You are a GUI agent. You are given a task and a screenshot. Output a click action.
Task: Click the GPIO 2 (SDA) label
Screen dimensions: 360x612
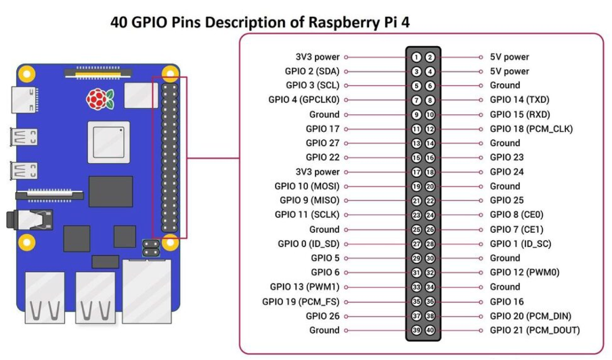click(312, 71)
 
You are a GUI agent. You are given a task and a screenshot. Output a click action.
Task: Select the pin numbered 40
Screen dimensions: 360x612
click(430, 330)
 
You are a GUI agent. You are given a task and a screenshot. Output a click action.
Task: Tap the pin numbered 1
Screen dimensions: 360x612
click(417, 57)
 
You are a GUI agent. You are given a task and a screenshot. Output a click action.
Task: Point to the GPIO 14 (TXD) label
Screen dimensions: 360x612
click(520, 100)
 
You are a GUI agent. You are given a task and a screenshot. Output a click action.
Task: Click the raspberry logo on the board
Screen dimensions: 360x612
click(100, 99)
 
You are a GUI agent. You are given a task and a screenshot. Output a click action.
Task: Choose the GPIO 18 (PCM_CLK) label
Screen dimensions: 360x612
click(531, 129)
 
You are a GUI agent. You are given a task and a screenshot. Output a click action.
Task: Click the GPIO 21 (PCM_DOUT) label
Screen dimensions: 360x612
click(534, 330)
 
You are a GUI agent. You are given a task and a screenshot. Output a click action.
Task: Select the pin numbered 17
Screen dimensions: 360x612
click(417, 172)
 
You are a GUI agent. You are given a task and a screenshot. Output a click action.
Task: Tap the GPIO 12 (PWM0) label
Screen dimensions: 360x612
click(525, 273)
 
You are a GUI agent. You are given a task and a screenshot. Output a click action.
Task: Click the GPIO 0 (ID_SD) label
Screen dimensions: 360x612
click(308, 244)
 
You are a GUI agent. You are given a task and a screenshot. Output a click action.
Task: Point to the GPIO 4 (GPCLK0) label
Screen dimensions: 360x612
click(304, 100)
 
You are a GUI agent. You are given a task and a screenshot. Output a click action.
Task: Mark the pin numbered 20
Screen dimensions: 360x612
click(430, 186)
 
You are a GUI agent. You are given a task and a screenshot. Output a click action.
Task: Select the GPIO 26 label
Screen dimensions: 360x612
click(322, 316)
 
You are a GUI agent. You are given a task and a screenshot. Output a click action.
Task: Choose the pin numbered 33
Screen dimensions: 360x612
click(417, 287)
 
